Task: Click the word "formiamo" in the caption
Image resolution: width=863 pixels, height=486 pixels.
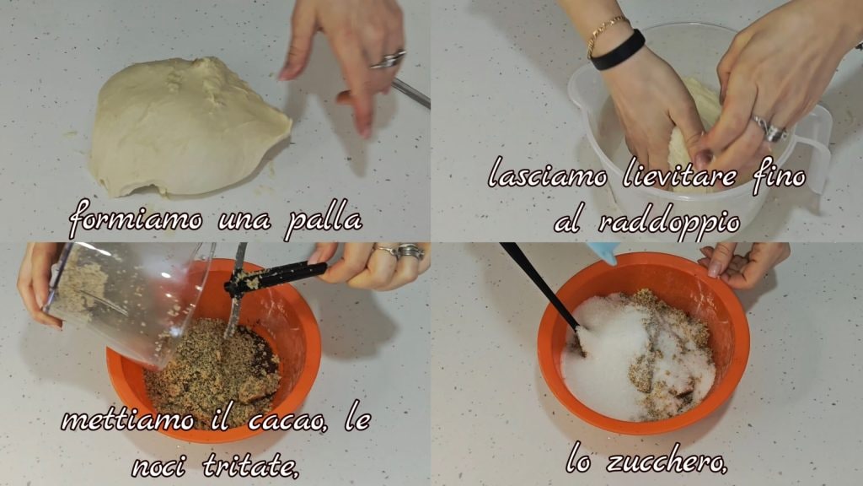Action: pyautogui.click(x=136, y=219)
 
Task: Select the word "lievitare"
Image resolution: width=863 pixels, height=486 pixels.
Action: pyautogui.click(x=680, y=175)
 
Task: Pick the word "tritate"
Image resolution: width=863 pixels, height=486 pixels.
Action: pyautogui.click(x=251, y=465)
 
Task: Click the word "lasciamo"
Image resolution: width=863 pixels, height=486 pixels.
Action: pyautogui.click(x=548, y=175)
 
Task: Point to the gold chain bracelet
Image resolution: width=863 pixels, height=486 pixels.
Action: pyautogui.click(x=605, y=33)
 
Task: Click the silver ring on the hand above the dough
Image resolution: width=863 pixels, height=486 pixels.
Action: pyautogui.click(x=388, y=60)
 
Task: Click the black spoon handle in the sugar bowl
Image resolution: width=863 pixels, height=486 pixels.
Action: pyautogui.click(x=540, y=287)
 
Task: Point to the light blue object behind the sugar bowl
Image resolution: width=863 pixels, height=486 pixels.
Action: pyautogui.click(x=603, y=251)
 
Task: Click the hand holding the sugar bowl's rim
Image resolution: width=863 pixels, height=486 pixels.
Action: pyautogui.click(x=740, y=262)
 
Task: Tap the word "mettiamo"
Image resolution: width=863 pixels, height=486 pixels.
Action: pyautogui.click(x=128, y=420)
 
